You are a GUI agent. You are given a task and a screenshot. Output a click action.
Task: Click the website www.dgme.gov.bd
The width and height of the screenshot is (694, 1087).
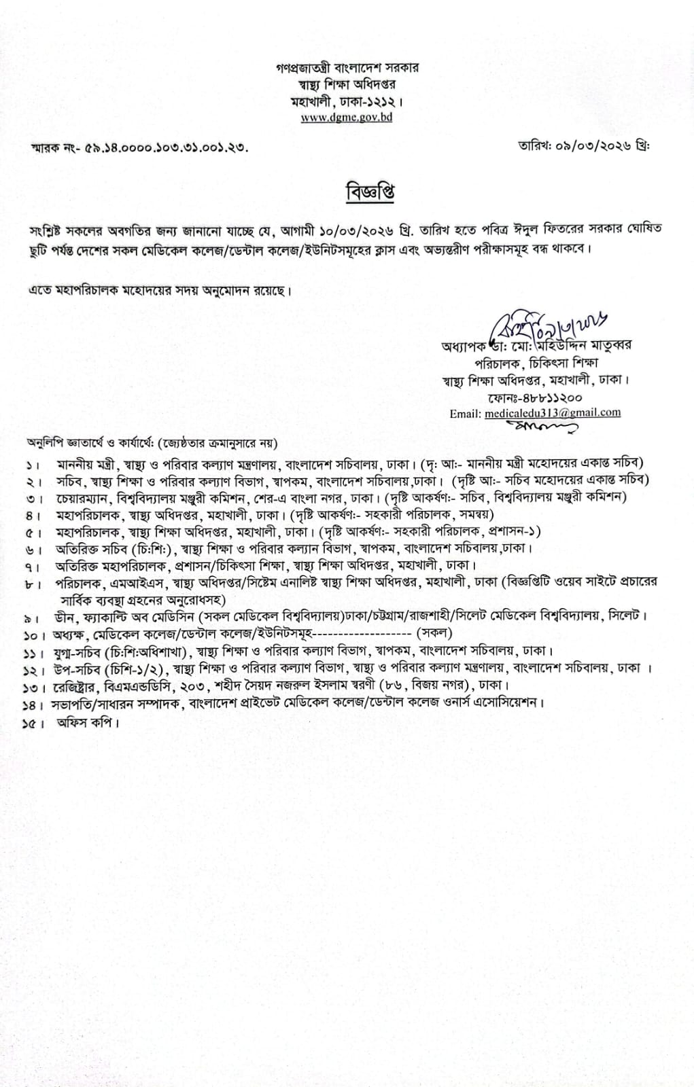pyautogui.click(x=347, y=117)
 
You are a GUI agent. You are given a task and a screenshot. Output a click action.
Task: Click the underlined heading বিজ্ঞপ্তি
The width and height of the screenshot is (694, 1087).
pyautogui.click(x=370, y=192)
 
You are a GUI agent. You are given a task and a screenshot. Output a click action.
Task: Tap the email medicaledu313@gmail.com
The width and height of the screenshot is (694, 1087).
pyautogui.click(x=553, y=413)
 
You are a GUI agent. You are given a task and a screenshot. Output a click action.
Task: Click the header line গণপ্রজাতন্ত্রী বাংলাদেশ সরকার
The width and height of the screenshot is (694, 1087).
pyautogui.click(x=347, y=68)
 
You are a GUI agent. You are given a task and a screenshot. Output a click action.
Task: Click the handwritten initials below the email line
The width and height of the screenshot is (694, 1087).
pyautogui.click(x=541, y=427)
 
